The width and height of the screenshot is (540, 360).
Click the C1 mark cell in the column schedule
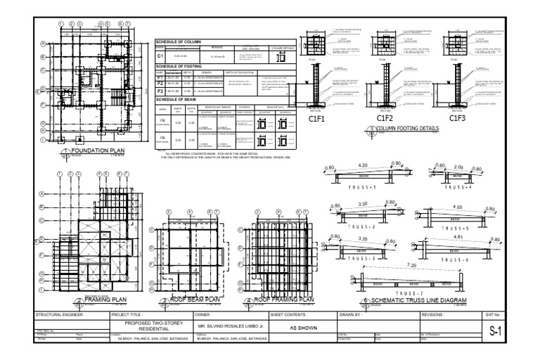point(160,55)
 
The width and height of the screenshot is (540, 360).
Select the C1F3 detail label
point(457,120)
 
